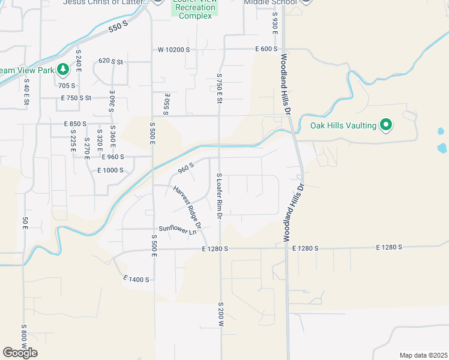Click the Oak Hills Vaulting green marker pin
pos(387,125)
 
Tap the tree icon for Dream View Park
pos(62,70)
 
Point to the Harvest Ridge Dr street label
pos(187,207)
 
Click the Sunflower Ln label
pos(178,229)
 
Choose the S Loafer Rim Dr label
pos(220,196)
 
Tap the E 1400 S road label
pos(136,280)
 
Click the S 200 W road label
pos(220,314)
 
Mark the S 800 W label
pos(24,340)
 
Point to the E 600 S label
pos(266,49)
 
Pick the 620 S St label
pos(110,61)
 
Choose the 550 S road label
pos(119,26)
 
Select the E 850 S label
pos(75,124)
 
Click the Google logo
pos(20,353)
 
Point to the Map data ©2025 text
pos(423,355)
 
